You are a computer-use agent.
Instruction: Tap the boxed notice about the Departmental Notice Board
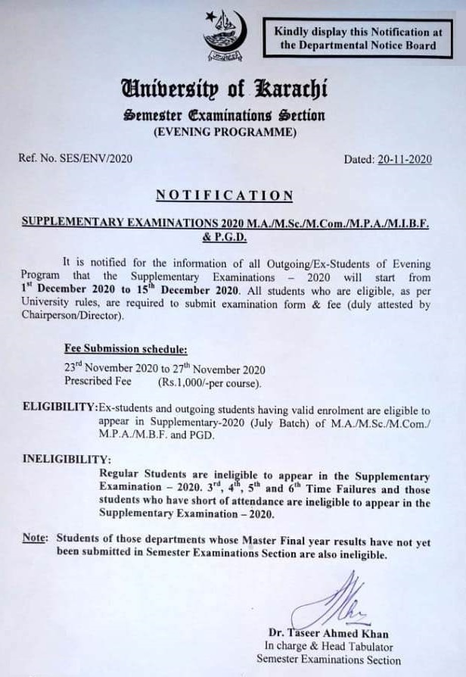(358, 38)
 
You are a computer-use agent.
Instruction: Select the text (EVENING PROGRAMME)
(225, 132)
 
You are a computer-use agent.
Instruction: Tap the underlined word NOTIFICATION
(224, 195)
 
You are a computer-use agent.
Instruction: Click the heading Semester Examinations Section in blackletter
(225, 115)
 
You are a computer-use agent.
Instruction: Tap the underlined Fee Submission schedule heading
(125, 349)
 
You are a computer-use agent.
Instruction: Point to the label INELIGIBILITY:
(67, 459)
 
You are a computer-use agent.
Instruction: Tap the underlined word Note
(34, 538)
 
